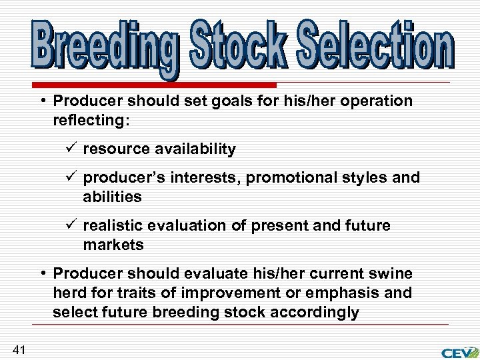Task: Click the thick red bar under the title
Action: coord(153,85)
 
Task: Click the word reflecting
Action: coord(85,121)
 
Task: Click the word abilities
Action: coord(113,197)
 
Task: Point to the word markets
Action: coord(113,245)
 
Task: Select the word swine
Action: coord(393,274)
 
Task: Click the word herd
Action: coord(68,293)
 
